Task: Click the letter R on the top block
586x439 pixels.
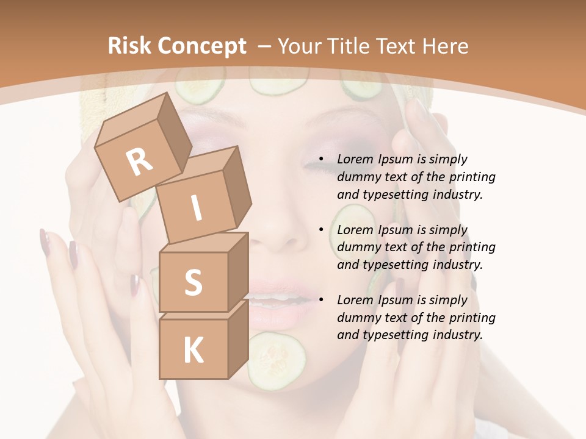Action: [140, 162]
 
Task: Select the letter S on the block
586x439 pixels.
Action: [193, 282]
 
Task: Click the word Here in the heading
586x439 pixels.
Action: [445, 46]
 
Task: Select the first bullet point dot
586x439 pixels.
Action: [320, 160]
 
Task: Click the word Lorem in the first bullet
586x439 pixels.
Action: [356, 160]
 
